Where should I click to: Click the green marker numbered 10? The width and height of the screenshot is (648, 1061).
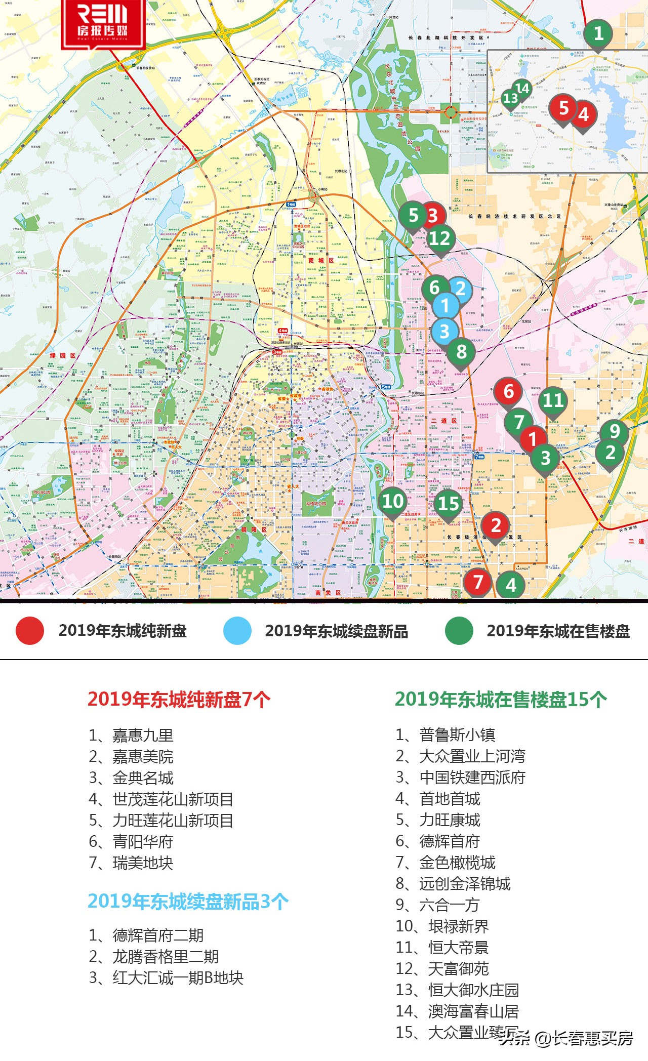(393, 501)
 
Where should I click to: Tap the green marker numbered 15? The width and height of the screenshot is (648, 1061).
(449, 504)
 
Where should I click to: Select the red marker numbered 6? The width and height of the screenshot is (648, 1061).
(508, 391)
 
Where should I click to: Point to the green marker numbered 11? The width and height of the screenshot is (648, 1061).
(553, 400)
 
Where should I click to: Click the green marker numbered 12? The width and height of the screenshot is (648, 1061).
(439, 238)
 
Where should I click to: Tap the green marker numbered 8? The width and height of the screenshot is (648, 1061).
(461, 351)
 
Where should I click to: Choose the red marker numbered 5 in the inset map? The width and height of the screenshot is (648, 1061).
(563, 108)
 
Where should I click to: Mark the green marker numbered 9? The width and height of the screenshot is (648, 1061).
(615, 431)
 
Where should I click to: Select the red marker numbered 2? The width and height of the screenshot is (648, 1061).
(496, 525)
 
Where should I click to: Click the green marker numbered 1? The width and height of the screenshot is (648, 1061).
(598, 34)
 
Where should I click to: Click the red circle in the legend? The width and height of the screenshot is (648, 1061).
(30, 631)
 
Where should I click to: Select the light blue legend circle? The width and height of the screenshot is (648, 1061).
(237, 631)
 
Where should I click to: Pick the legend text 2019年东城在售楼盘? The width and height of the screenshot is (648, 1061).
(558, 631)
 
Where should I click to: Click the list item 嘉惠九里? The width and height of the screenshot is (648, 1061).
(143, 735)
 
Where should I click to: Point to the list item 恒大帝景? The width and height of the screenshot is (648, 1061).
(458, 947)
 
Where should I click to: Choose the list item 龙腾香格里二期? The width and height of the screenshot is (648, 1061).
(166, 956)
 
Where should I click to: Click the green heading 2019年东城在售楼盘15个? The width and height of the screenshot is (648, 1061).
(501, 700)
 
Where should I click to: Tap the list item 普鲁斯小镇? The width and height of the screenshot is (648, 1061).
(457, 734)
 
